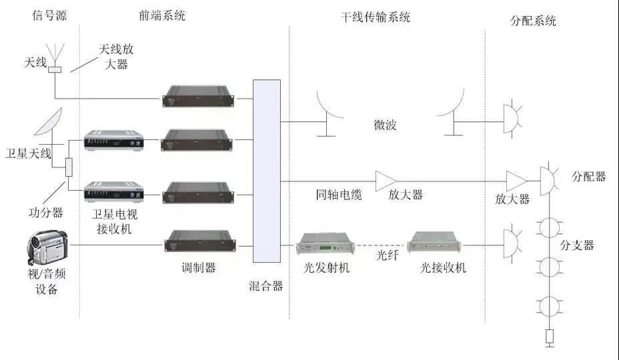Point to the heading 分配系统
pos(532,21)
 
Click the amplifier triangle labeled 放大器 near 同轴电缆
pos(385,181)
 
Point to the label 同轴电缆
pos(339,195)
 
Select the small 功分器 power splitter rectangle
pos(68,167)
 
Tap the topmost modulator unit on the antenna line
pos(199,97)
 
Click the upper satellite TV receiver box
pos(113,140)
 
